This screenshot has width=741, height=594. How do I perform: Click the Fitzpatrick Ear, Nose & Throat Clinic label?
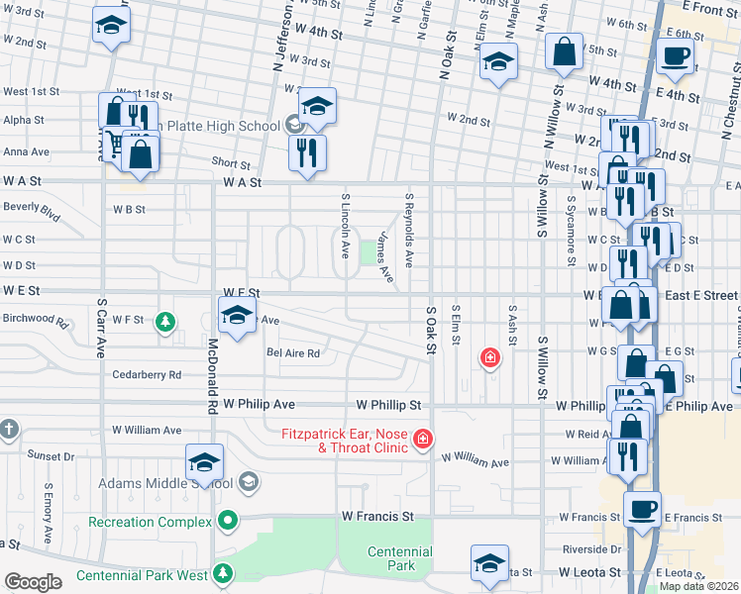344,440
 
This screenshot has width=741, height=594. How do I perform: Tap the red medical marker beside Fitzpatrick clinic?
423,438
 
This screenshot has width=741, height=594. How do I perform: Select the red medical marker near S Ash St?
488,357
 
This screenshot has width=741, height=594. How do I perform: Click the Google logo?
33,581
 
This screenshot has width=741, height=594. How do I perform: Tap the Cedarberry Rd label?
147,375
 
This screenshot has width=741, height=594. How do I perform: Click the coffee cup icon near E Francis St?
642,510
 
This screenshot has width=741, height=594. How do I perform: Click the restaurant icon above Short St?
306,152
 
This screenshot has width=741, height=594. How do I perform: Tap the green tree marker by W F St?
165,322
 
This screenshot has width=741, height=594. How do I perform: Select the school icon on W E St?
236,316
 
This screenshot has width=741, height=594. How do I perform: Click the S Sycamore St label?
572,238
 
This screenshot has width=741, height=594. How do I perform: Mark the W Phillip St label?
390,405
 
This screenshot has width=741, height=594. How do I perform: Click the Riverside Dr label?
590,548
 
